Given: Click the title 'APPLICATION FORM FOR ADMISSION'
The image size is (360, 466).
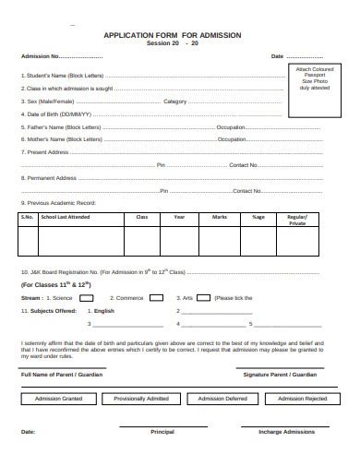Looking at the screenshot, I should tap(173, 34).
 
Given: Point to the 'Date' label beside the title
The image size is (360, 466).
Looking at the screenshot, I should tap(277, 56).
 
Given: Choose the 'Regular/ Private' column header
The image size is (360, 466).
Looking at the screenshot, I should tap(297, 220).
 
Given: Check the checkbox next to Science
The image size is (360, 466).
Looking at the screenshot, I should tap(86, 298).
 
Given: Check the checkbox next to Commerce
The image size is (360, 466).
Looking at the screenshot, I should tap(157, 298).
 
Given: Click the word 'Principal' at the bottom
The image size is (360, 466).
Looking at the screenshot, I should tap(162, 431).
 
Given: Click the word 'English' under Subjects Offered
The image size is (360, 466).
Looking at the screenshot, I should tap(104, 312).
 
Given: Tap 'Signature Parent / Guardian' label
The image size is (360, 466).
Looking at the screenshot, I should tap(280, 375).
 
